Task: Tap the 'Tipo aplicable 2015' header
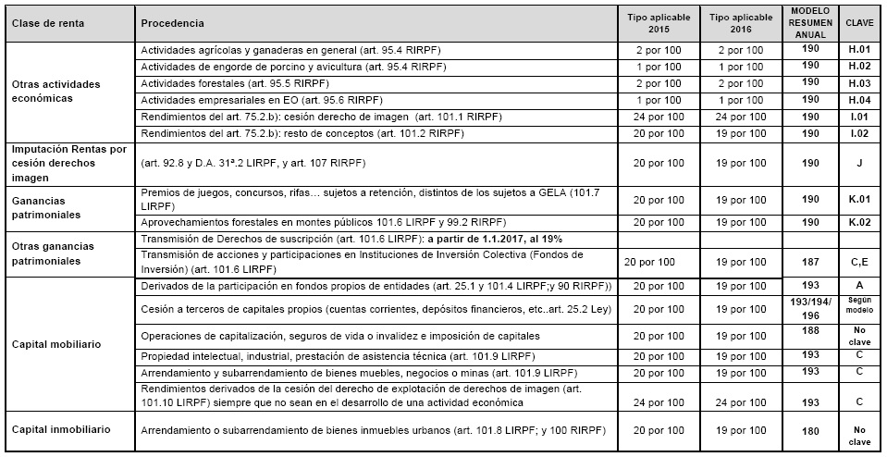(659, 22)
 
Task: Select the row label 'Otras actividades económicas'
(55, 91)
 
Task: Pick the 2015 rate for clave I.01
(659, 117)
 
